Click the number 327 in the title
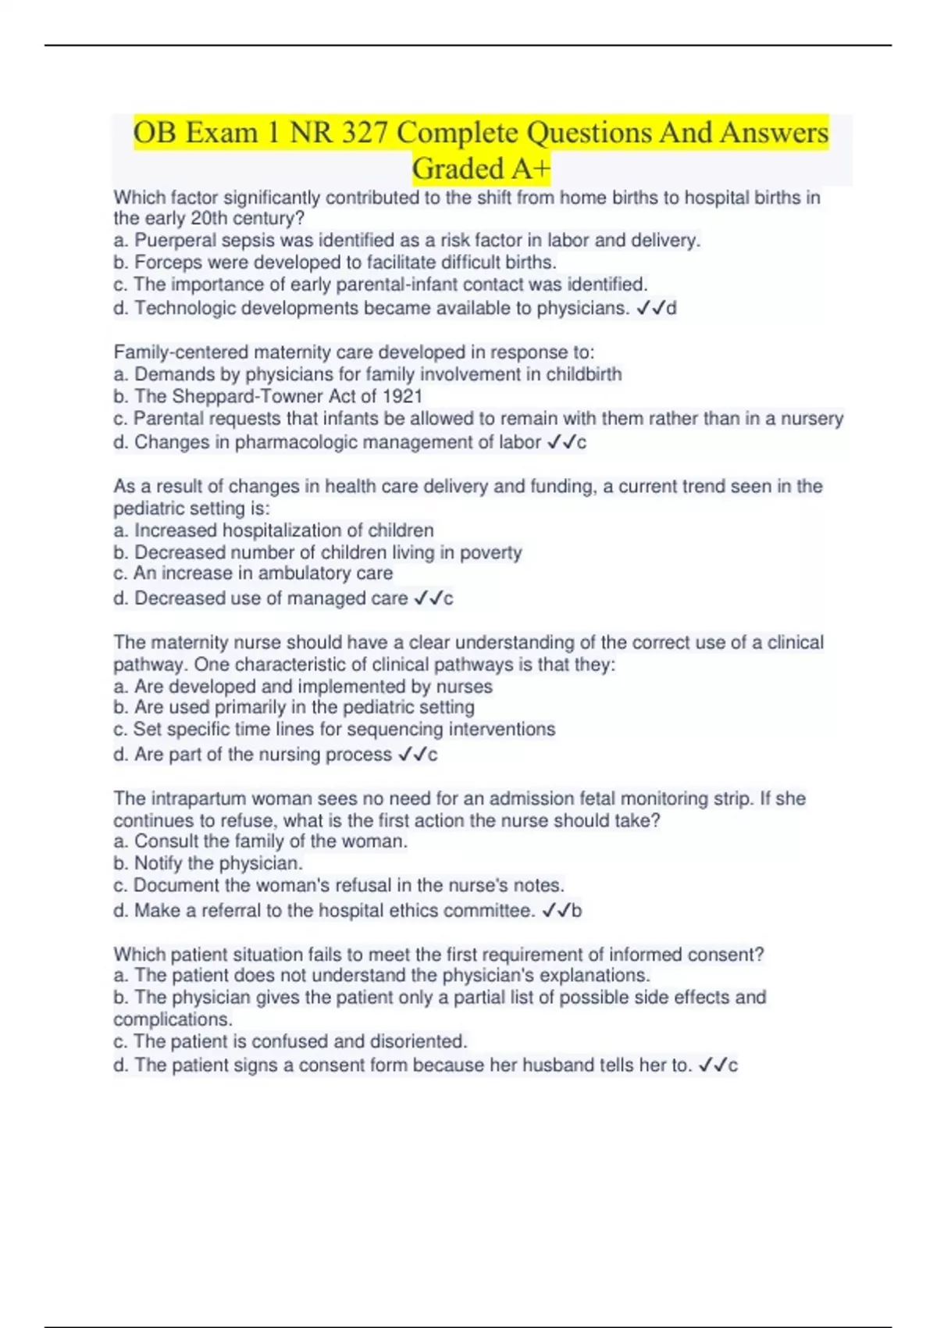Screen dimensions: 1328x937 [x=365, y=133]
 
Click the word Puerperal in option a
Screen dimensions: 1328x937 [x=174, y=241]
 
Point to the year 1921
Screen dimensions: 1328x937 [x=404, y=397]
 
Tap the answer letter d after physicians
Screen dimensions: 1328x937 [x=672, y=309]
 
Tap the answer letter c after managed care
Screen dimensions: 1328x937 [x=448, y=599]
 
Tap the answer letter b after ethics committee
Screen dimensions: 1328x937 [x=576, y=911]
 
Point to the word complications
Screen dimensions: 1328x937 [x=172, y=1020]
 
